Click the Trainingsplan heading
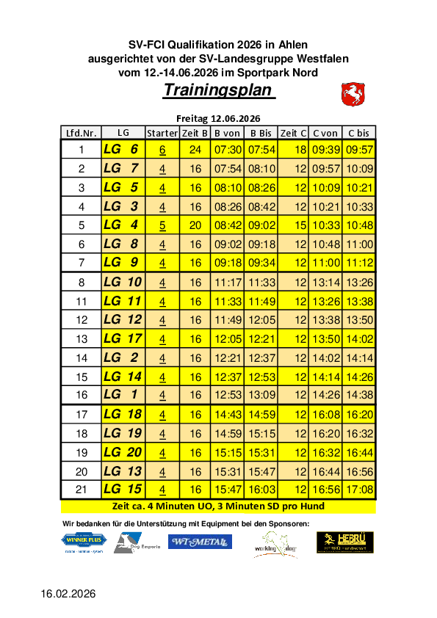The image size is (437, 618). [x=218, y=90]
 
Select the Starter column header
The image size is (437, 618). [x=162, y=133]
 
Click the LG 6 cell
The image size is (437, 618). [x=121, y=150]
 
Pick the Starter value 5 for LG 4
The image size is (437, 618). [x=162, y=225]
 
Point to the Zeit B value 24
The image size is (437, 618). [x=195, y=150]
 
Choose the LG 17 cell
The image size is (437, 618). [x=123, y=338]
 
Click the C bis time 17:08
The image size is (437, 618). [x=359, y=490]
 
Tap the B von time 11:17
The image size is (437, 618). [x=227, y=282]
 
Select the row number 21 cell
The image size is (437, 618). [x=82, y=490]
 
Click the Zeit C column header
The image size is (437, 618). [x=294, y=133]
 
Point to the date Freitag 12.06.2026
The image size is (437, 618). [x=218, y=118]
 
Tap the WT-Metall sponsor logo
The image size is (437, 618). [x=200, y=542]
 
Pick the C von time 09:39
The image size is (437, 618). [x=324, y=150]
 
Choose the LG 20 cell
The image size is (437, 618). [x=123, y=452]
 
